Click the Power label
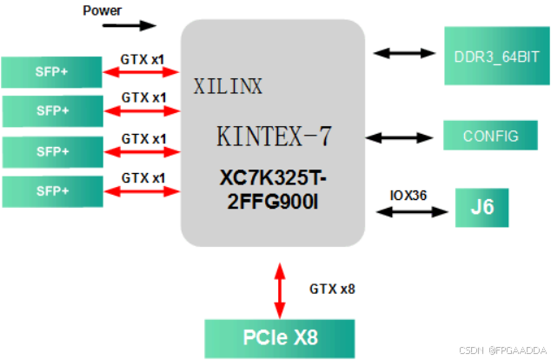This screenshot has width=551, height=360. [x=101, y=10]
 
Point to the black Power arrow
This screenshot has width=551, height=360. [x=129, y=25]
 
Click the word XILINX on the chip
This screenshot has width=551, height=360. [x=228, y=86]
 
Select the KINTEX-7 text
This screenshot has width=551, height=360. [x=274, y=137]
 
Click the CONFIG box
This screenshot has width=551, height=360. [x=490, y=136]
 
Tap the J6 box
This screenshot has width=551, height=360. [x=481, y=210]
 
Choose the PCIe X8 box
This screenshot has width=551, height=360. [x=280, y=336]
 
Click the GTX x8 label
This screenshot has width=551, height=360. [x=331, y=287]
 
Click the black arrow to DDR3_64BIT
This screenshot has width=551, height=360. [x=405, y=53]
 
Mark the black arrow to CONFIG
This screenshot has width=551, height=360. [x=401, y=137]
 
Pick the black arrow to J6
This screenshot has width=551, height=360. [x=408, y=211]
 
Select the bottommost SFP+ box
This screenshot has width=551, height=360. [x=51, y=190]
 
